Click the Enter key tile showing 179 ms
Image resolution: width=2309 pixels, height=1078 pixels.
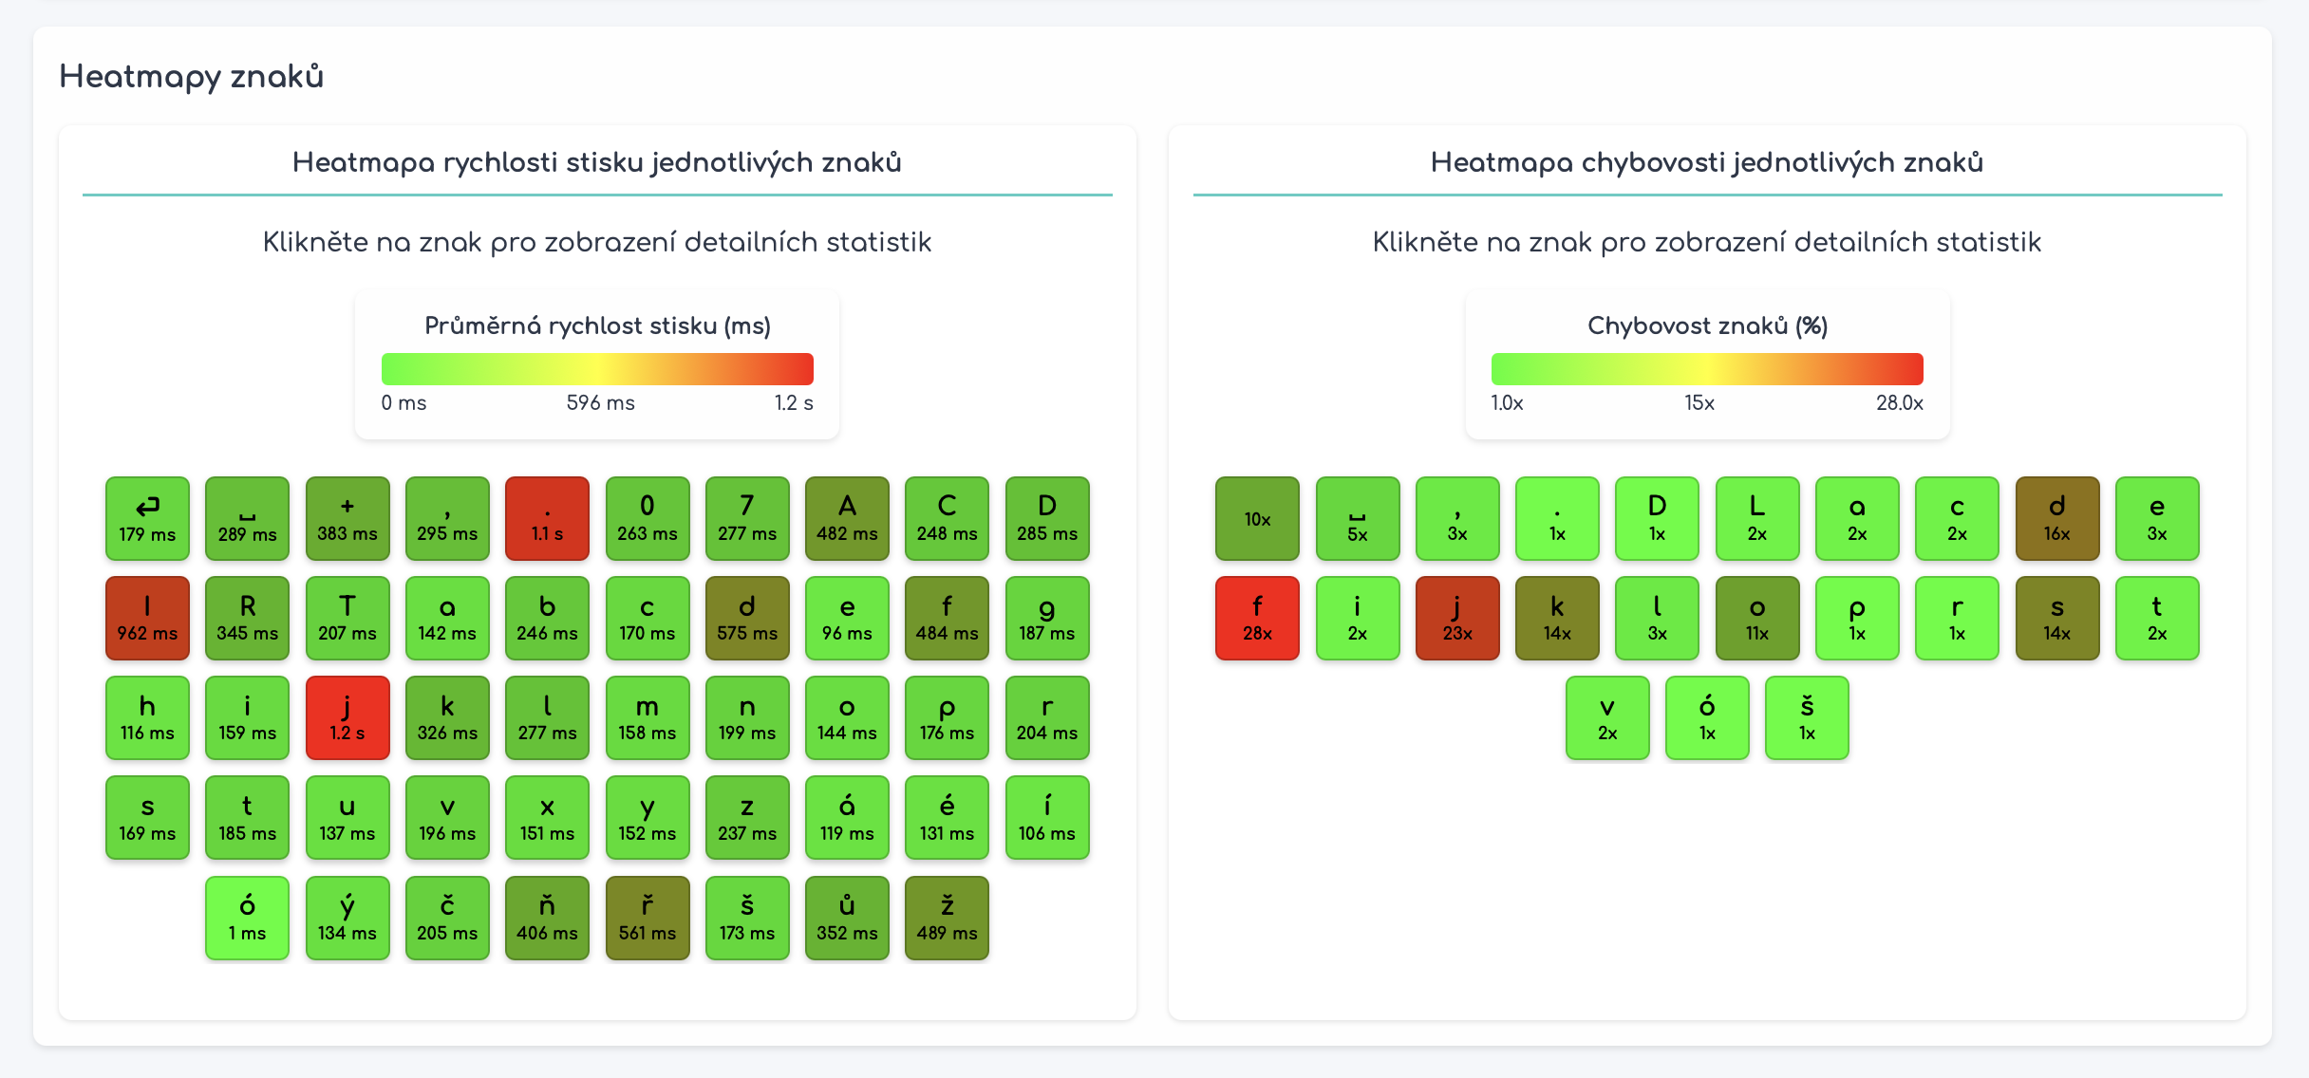pos(147,518)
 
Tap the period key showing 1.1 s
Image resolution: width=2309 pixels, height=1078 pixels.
pos(547,518)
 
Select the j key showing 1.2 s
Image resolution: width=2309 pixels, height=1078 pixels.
pos(347,717)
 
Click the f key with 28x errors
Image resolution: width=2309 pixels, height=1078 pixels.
pos(1257,618)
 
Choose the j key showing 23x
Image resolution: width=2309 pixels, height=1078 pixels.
pos(1457,618)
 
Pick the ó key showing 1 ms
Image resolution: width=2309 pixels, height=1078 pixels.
pos(247,918)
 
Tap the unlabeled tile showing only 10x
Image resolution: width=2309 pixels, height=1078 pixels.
pos(1257,518)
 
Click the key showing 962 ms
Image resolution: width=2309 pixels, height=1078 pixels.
pos(147,618)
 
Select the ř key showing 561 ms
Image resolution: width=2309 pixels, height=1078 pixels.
pos(648,918)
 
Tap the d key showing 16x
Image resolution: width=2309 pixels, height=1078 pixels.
pos(2056,518)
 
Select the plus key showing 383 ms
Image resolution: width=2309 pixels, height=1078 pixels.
pos(347,518)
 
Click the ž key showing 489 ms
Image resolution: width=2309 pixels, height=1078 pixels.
pos(947,918)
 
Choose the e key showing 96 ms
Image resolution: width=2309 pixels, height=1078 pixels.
pos(847,618)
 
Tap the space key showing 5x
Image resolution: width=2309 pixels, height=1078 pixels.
pos(1358,518)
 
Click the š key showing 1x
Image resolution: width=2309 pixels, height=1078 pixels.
pos(1807,717)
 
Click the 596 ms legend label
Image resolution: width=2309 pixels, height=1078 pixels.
pos(600,402)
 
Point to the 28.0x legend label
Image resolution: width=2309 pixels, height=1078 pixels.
pos(1899,402)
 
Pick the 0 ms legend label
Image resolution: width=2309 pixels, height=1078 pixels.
pos(404,402)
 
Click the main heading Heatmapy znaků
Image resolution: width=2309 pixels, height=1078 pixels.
pos(192,76)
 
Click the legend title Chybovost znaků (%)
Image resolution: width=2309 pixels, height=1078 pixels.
pos(1707,325)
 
